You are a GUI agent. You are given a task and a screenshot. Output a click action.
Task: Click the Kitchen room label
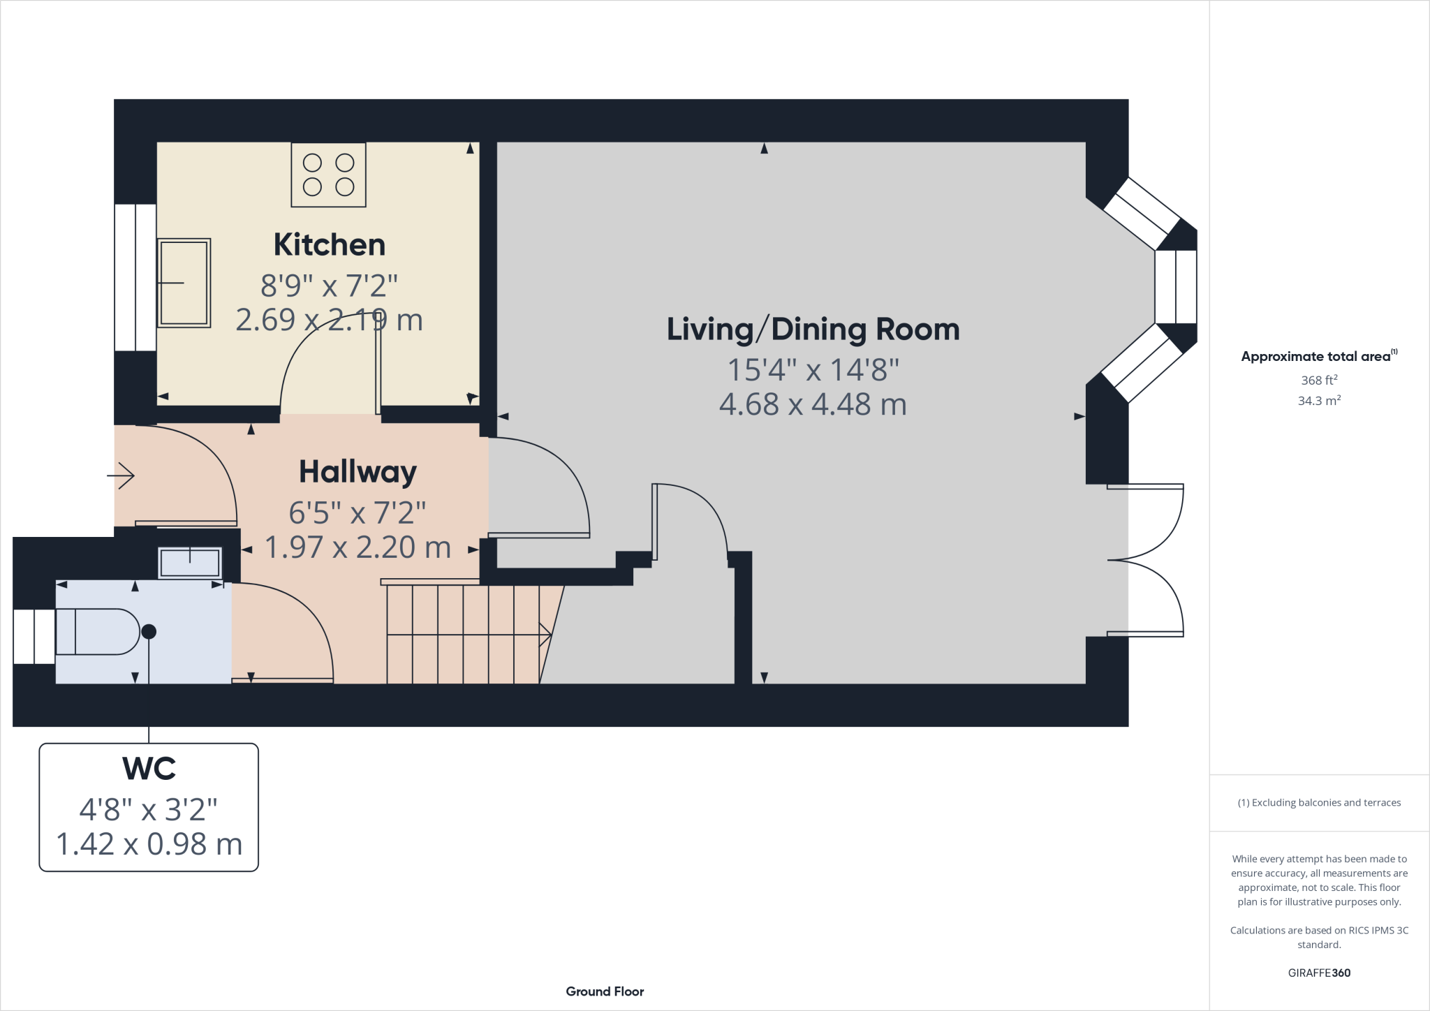(x=329, y=245)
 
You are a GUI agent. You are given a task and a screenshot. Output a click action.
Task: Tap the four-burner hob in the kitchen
(x=328, y=175)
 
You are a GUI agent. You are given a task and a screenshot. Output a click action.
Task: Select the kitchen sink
(x=184, y=283)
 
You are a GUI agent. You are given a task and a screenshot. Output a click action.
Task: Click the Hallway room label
(x=357, y=472)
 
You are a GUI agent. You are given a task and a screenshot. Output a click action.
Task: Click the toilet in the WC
(x=98, y=632)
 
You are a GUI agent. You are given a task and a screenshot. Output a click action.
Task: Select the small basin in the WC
(x=190, y=563)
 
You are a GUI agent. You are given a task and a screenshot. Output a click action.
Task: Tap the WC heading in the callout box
(x=149, y=769)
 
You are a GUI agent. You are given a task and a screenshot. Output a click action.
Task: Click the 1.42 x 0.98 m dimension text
(x=149, y=844)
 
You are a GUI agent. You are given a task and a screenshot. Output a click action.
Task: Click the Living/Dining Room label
(x=813, y=330)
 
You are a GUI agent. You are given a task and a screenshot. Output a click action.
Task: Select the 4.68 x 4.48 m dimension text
(x=813, y=405)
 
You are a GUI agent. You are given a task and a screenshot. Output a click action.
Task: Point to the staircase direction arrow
(x=545, y=635)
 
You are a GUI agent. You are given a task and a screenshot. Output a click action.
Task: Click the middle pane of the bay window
(x=1176, y=286)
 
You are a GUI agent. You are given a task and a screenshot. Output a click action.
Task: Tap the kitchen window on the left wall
(x=135, y=277)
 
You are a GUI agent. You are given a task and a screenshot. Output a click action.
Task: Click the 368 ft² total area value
(x=1319, y=381)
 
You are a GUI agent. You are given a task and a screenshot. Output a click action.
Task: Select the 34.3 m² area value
(x=1319, y=401)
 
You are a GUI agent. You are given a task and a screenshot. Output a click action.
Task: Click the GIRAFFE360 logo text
(x=1319, y=973)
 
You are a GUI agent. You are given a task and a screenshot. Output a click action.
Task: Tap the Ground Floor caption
(x=605, y=991)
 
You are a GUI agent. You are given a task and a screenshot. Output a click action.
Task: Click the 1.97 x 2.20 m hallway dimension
(x=357, y=547)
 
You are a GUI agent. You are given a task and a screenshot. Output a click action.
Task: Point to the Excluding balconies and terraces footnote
(x=1319, y=803)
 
